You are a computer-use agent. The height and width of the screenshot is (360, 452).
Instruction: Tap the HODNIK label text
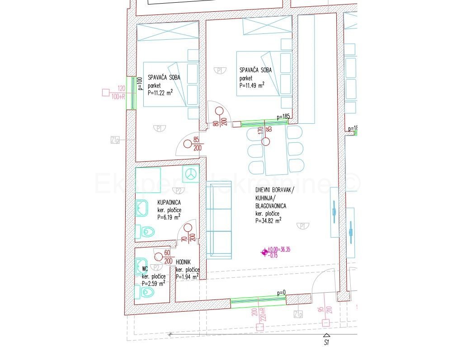pyautogui.click(x=183, y=262)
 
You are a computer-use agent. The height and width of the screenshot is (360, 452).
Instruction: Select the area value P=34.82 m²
pyautogui.click(x=268, y=221)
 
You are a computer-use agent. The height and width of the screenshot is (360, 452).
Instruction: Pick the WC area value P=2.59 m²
pyautogui.click(x=153, y=283)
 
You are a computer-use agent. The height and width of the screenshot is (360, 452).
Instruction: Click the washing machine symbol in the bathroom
pyautogui.click(x=190, y=173)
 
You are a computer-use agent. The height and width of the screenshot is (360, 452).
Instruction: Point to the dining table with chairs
pyautogui.click(x=276, y=150)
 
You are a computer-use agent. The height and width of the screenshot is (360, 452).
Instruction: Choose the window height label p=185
pyautogui.click(x=283, y=117)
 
